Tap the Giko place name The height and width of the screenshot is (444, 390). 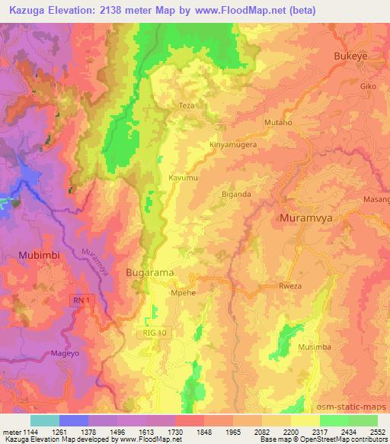pyautogui.click(x=369, y=86)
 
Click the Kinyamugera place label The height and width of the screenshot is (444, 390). pyautogui.click(x=232, y=143)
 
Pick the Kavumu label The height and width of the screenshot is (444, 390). pyautogui.click(x=183, y=177)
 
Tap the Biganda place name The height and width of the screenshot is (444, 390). pyautogui.click(x=235, y=194)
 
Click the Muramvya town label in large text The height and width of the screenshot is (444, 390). pyautogui.click(x=307, y=218)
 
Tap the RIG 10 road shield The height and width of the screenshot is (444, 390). pyautogui.click(x=153, y=333)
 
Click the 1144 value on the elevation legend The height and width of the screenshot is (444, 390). pyautogui.click(x=28, y=431)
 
